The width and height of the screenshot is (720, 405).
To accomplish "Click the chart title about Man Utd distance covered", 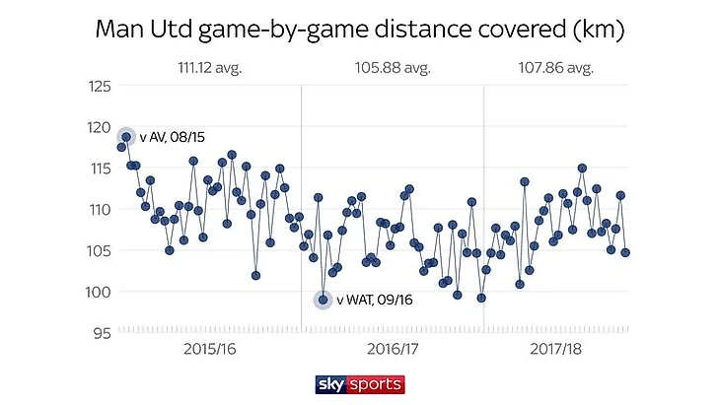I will (360, 30).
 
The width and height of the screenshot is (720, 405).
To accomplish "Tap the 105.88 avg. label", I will (393, 68).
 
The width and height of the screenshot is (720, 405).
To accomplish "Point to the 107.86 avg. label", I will (555, 68).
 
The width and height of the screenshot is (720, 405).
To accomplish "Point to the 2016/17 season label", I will (393, 350).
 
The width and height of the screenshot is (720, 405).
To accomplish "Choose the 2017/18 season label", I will (555, 350).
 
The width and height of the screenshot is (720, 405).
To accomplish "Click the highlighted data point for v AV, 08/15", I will (126, 137).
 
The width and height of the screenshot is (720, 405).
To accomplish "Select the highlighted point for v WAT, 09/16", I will (323, 300).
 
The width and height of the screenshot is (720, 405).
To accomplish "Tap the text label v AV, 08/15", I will (174, 137).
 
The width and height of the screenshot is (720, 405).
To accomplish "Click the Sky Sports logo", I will (360, 383).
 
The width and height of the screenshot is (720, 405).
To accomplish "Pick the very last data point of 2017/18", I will (625, 252).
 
